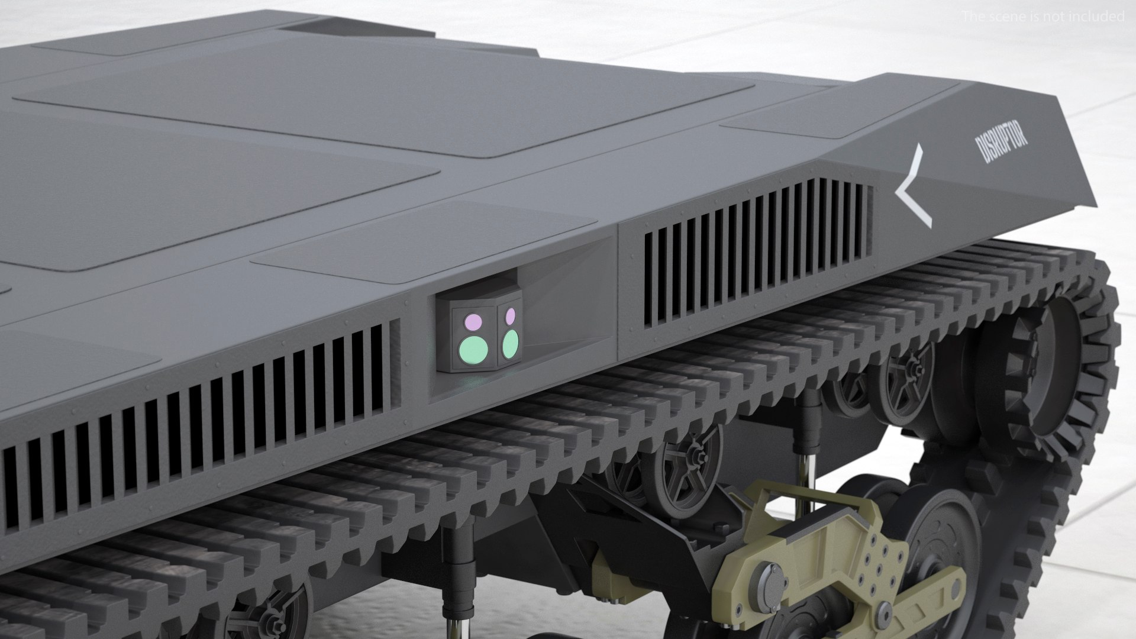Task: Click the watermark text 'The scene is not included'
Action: (1043, 17)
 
